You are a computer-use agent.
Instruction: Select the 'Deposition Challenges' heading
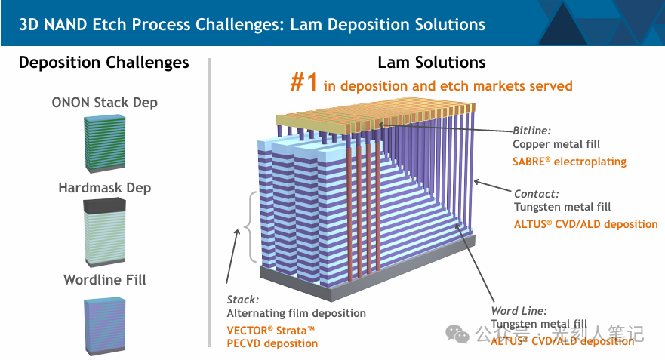(x=104, y=63)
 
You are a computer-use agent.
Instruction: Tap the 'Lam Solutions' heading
(x=431, y=63)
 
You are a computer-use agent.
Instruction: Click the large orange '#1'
(x=303, y=82)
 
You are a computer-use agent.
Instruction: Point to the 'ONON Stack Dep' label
(x=104, y=103)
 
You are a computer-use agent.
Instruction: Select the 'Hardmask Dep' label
(x=104, y=188)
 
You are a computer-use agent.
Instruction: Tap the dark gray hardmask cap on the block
(x=103, y=205)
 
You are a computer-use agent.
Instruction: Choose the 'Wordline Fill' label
(x=104, y=280)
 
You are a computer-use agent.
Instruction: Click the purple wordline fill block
(x=103, y=324)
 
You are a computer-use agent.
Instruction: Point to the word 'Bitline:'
(x=532, y=130)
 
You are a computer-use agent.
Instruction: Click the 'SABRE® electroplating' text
(x=569, y=162)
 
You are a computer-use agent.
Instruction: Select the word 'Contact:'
(x=536, y=193)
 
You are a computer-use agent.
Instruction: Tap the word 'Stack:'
(x=243, y=299)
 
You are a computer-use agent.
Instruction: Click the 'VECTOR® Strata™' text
(x=270, y=330)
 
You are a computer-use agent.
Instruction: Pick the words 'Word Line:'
(x=519, y=310)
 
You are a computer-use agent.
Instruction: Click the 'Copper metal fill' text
(x=555, y=144)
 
